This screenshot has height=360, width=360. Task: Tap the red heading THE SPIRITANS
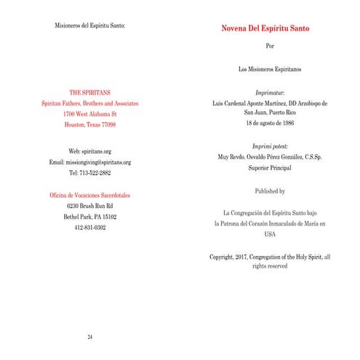point(89,93)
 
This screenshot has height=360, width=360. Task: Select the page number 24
point(89,337)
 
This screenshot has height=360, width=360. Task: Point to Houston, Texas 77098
point(89,125)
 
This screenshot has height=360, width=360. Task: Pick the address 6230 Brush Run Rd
point(89,207)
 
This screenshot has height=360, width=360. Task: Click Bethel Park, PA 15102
point(89,217)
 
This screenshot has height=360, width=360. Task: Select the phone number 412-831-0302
point(89,228)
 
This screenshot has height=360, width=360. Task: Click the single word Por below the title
point(271,47)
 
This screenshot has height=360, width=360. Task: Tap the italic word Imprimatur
point(271,94)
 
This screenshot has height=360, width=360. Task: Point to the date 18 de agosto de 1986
point(271,124)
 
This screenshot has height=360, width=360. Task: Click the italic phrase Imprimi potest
point(271,146)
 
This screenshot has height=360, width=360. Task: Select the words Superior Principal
point(271,167)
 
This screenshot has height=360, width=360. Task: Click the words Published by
point(271,191)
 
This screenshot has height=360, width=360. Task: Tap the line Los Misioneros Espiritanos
point(271,70)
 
